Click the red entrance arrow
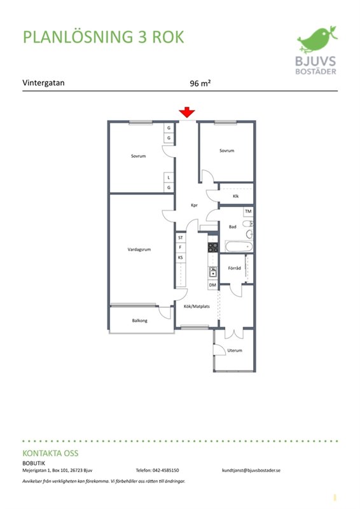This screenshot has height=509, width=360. (x=187, y=113)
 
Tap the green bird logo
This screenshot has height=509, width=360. (x=317, y=39)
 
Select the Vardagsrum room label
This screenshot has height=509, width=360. (x=139, y=249)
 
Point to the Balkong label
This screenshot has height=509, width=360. (x=139, y=321)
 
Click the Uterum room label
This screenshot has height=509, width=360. (x=235, y=351)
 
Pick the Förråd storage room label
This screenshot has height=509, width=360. (x=234, y=268)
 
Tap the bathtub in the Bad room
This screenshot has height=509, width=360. (x=239, y=247)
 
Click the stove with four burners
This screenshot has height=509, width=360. (x=213, y=248)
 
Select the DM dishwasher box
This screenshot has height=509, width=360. (x=212, y=285)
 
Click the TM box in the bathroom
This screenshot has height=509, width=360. (x=248, y=211)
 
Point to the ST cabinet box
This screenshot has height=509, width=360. (x=181, y=237)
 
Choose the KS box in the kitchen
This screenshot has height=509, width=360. (x=181, y=258)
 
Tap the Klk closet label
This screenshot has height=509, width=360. (x=236, y=196)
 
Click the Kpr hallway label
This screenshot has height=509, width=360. (x=194, y=205)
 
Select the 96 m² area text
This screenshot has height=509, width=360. (x=200, y=83)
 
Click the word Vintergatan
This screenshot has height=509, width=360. (x=43, y=83)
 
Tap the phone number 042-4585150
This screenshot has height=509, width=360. (x=165, y=470)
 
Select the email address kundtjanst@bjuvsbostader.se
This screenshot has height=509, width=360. (x=251, y=470)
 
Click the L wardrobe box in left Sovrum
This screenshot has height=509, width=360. (x=169, y=178)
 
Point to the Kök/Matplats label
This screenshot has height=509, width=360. (x=197, y=306)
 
